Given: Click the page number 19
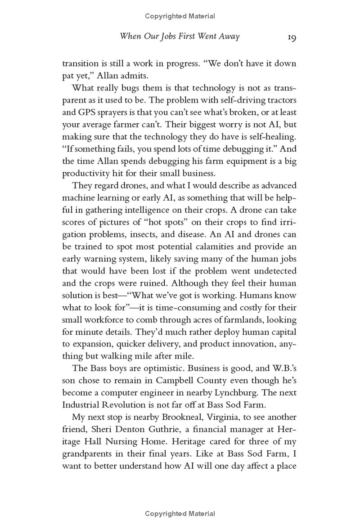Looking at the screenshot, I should tap(291, 37).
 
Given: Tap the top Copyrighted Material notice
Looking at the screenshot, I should tap(180, 16).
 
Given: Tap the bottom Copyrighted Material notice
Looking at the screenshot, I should tap(180, 513).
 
